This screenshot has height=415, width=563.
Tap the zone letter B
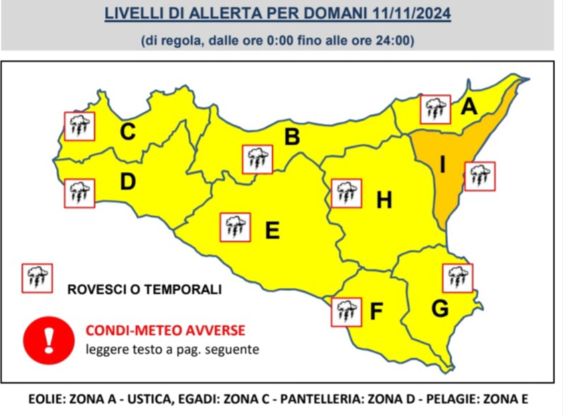pyautogui.click(x=292, y=137)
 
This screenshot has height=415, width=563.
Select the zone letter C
pyautogui.click(x=128, y=132)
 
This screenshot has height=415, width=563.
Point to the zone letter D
pyautogui.click(x=128, y=182)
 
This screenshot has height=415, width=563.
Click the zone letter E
pyautogui.click(x=272, y=230)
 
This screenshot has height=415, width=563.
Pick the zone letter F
pyautogui.click(x=376, y=312)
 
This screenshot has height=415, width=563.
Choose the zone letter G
pyautogui.click(x=440, y=309)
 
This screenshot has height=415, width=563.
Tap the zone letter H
pyautogui.click(x=384, y=200)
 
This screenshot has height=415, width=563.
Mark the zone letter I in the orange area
pyautogui.click(x=442, y=165)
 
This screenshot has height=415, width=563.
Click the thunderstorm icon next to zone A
pyautogui.click(x=435, y=110)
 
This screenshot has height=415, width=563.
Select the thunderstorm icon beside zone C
pyautogui.click(x=79, y=126)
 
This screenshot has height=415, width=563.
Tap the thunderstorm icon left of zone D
pyautogui.click(x=79, y=193)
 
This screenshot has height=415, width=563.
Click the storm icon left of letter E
pyautogui.click(x=235, y=227)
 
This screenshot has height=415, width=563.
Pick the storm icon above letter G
pyautogui.click(x=458, y=278)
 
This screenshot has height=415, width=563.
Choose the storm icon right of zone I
pyautogui.click(x=480, y=176)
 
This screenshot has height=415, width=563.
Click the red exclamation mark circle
pyautogui.click(x=49, y=340)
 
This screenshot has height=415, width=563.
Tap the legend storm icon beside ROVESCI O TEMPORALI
pyautogui.click(x=37, y=278)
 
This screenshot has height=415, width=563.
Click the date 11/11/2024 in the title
pyautogui.click(x=412, y=14)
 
